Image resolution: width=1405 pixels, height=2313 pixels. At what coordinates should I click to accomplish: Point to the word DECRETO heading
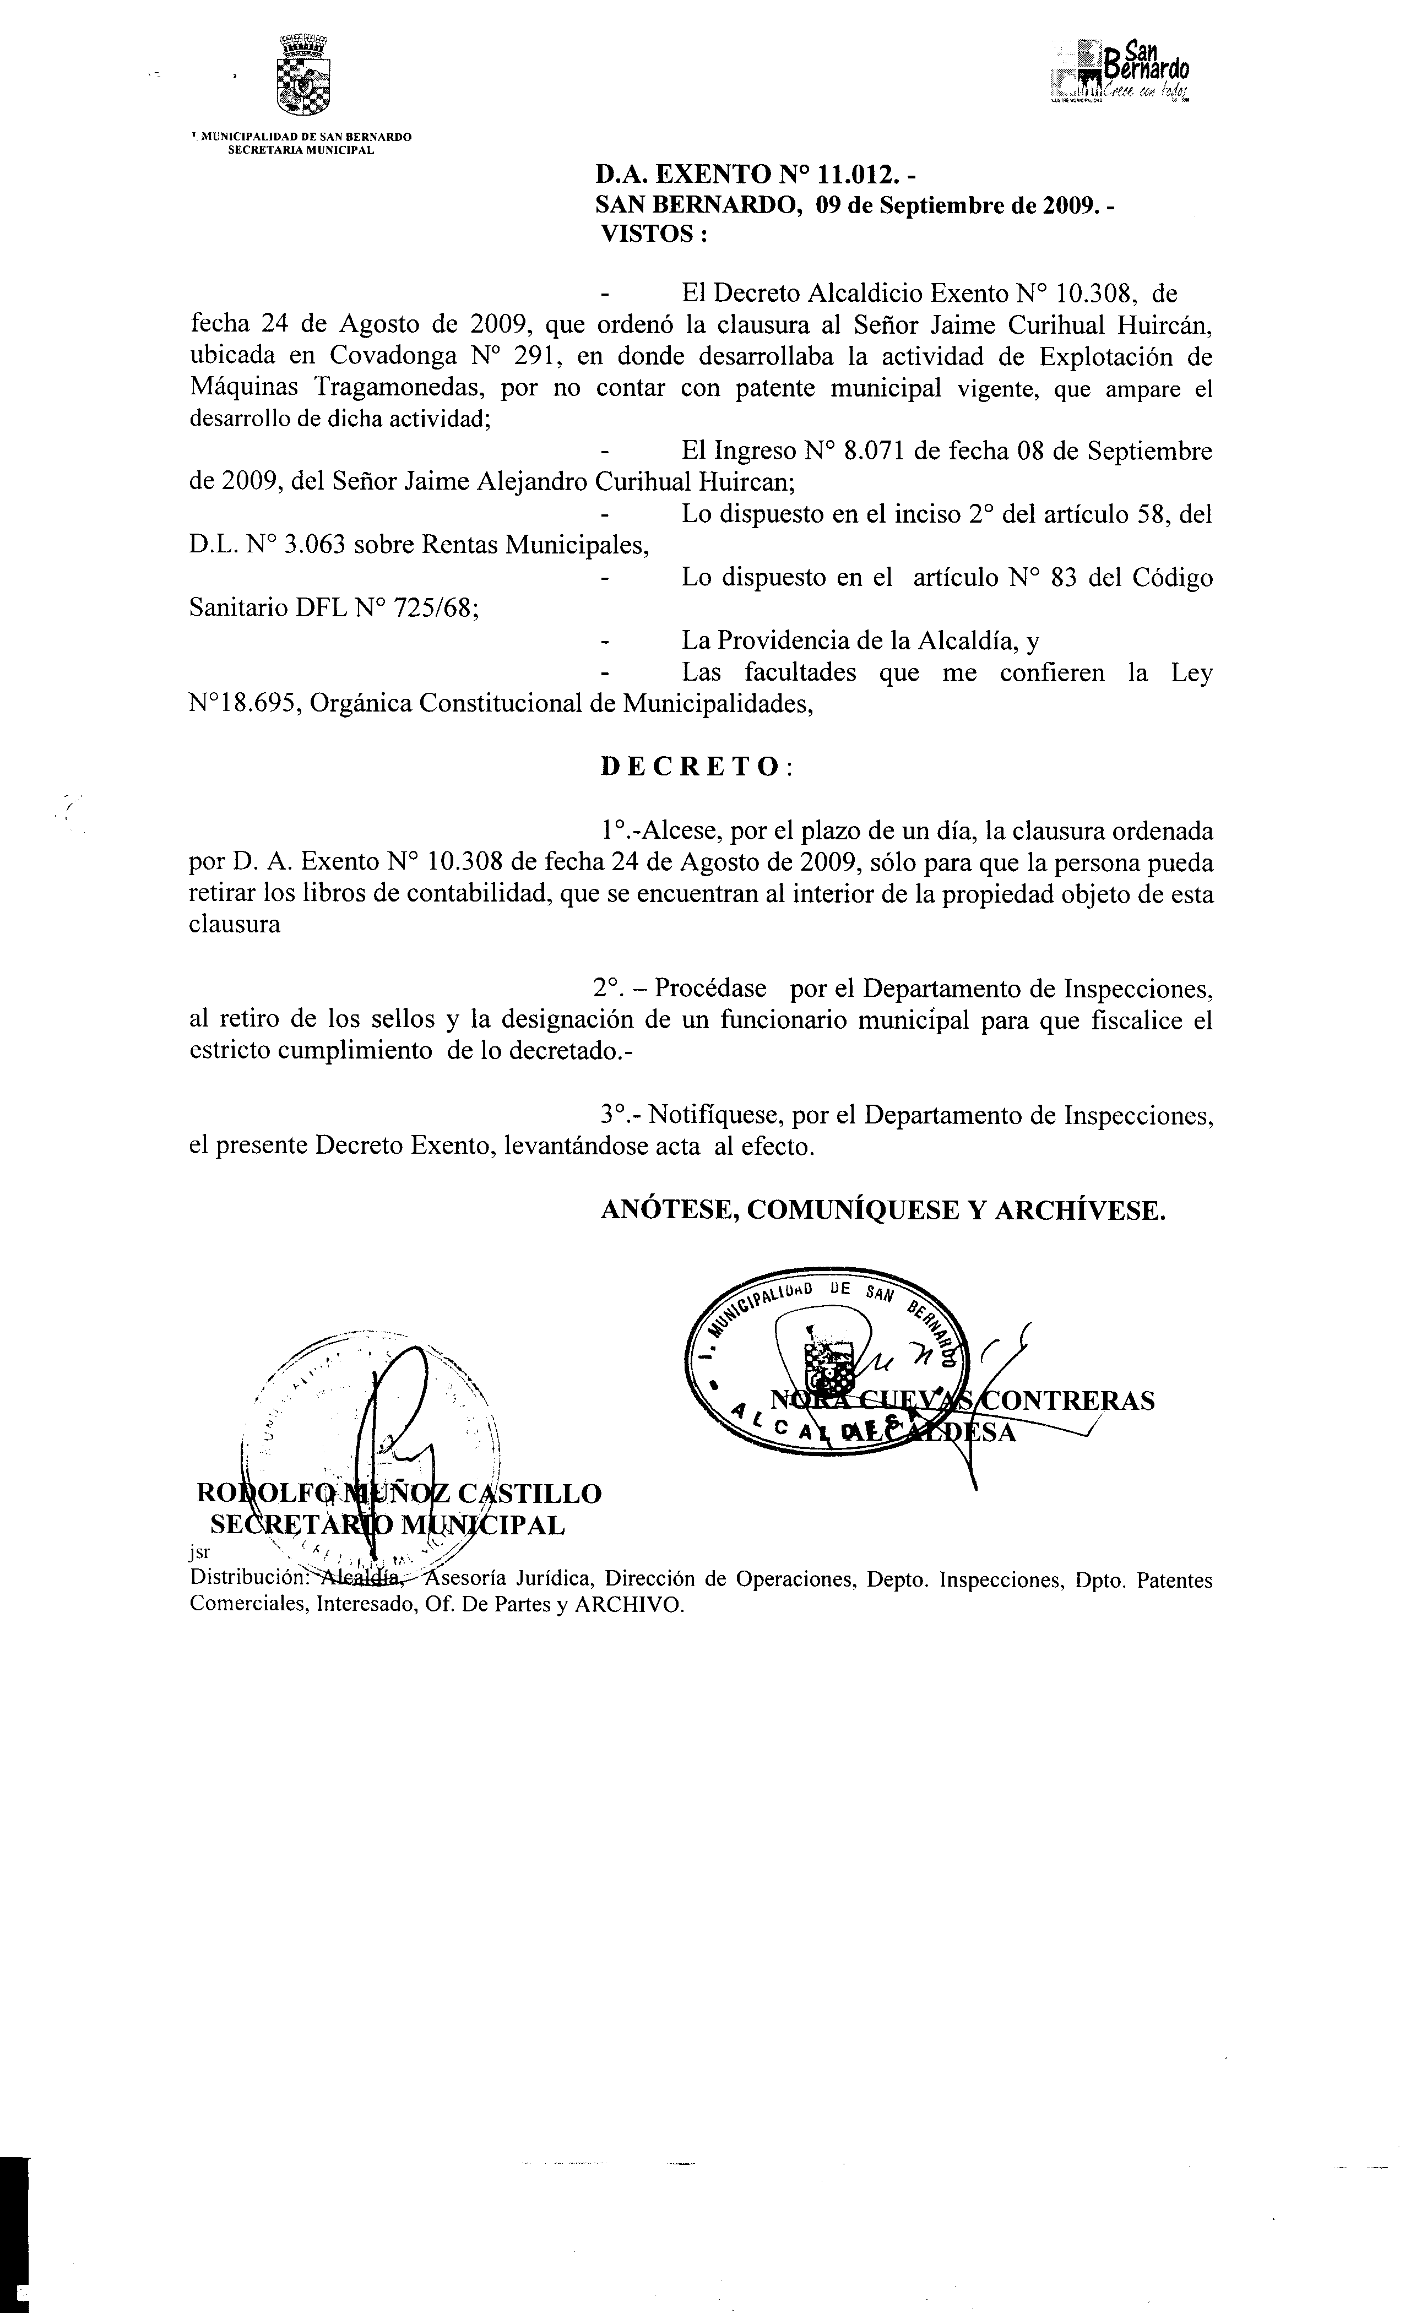pyautogui.click(x=690, y=767)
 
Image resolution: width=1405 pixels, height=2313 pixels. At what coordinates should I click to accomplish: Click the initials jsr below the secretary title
pyautogui.click(x=200, y=1551)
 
